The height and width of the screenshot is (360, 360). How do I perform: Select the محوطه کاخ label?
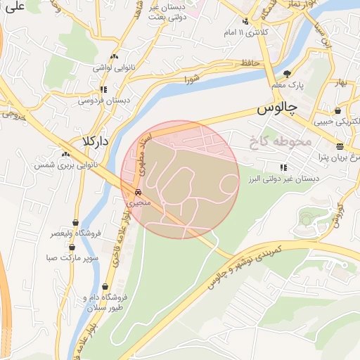(279, 142)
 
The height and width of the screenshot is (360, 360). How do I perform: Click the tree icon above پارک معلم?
(286, 73)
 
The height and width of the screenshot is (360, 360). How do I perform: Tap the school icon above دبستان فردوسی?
(103, 89)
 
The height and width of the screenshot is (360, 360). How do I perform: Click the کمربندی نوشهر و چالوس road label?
(245, 268)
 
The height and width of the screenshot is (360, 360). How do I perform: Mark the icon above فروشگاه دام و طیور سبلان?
(105, 286)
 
